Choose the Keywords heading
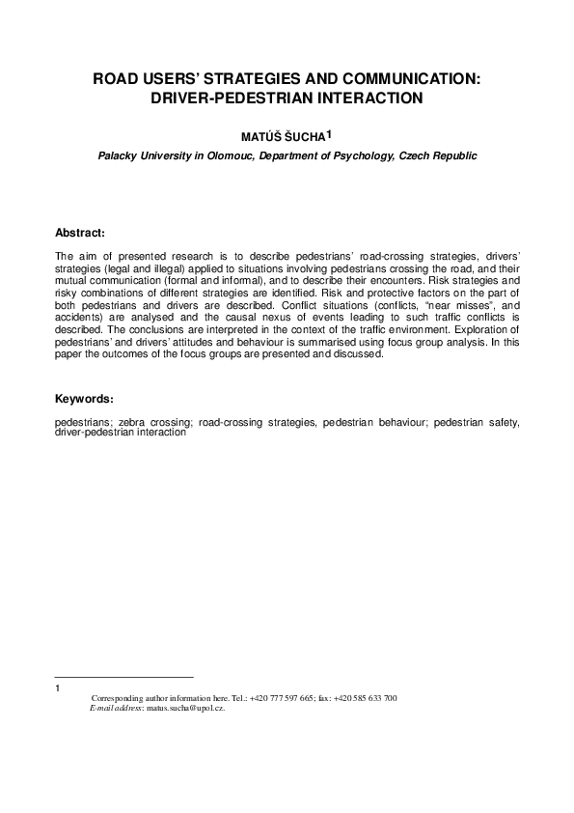click(x=85, y=399)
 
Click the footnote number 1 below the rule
click(x=58, y=688)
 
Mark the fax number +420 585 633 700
click(x=365, y=698)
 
